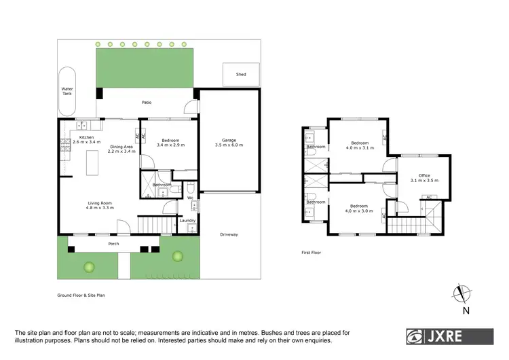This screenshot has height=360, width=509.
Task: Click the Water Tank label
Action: click(x=67, y=90)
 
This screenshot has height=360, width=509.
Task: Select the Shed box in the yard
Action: click(x=241, y=75)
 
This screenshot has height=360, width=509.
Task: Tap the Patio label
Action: click(x=146, y=103)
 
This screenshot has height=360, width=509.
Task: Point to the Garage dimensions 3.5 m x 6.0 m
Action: click(x=228, y=145)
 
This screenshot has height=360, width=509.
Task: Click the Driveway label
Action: click(x=229, y=234)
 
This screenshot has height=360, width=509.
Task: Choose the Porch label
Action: click(x=113, y=244)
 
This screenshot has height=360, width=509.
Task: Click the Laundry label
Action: click(x=187, y=220)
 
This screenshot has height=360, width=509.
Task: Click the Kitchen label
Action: click(x=86, y=138)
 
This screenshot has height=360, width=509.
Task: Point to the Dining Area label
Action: click(x=121, y=147)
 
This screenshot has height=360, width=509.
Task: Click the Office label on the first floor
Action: click(x=424, y=176)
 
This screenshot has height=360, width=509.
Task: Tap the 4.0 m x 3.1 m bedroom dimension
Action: click(x=359, y=147)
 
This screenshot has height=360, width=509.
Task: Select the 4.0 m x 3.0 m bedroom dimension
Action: click(x=359, y=210)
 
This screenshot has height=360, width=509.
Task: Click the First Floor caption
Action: click(x=311, y=252)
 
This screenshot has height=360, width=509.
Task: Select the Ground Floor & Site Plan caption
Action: click(x=81, y=295)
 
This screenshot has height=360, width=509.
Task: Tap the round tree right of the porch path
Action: click(x=178, y=256)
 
